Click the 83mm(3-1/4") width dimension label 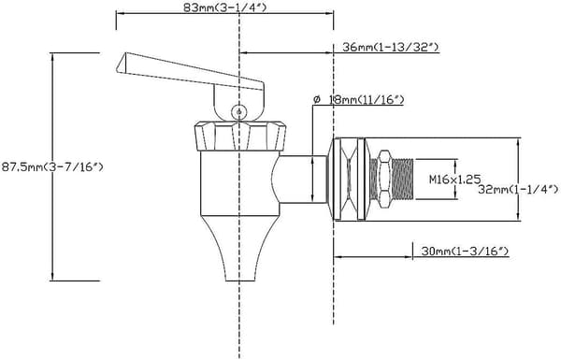coord(224,7)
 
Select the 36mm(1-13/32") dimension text coord(390,47)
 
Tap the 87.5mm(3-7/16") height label coord(52,166)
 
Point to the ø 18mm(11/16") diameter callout coord(358,99)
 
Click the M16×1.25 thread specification coord(454,179)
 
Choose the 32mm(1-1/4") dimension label coord(518,189)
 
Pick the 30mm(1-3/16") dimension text coord(465,252)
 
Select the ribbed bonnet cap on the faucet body coord(240,137)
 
